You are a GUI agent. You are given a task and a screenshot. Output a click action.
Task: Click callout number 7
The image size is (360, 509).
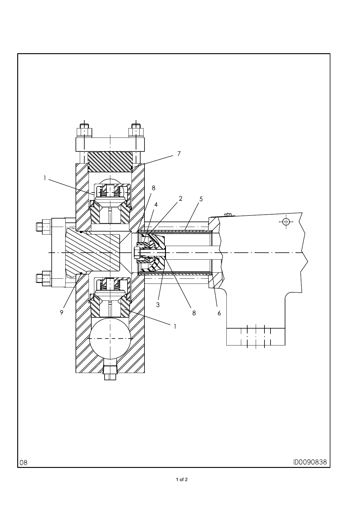pos(179,154)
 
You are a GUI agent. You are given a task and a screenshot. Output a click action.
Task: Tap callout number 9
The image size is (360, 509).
pos(62,313)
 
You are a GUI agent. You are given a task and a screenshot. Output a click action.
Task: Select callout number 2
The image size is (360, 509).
pos(180,199)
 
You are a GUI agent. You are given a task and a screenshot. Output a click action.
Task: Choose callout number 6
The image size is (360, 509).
pos(219,313)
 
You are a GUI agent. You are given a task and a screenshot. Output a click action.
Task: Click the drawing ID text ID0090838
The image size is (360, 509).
pos(310,462)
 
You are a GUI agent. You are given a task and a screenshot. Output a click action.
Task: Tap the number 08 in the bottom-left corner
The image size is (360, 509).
pos(24,462)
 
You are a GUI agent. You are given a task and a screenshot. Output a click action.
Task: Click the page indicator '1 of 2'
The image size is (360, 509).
pos(182,480)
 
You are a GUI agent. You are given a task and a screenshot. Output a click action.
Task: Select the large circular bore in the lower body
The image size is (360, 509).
pos(111,339)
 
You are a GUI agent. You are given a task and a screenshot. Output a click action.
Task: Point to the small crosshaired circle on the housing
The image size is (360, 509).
pos(286,222)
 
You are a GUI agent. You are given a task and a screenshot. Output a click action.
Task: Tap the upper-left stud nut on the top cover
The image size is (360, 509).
pos(85,132)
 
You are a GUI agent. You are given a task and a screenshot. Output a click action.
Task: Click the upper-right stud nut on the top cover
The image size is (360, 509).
pos(136,132)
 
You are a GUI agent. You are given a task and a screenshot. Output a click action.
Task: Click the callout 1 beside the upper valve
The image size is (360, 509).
pos(45,178)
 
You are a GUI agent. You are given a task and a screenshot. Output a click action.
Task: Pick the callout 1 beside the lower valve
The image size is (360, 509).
pos(175,326)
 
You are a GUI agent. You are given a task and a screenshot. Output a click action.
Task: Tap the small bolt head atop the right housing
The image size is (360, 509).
pos(228,215)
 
